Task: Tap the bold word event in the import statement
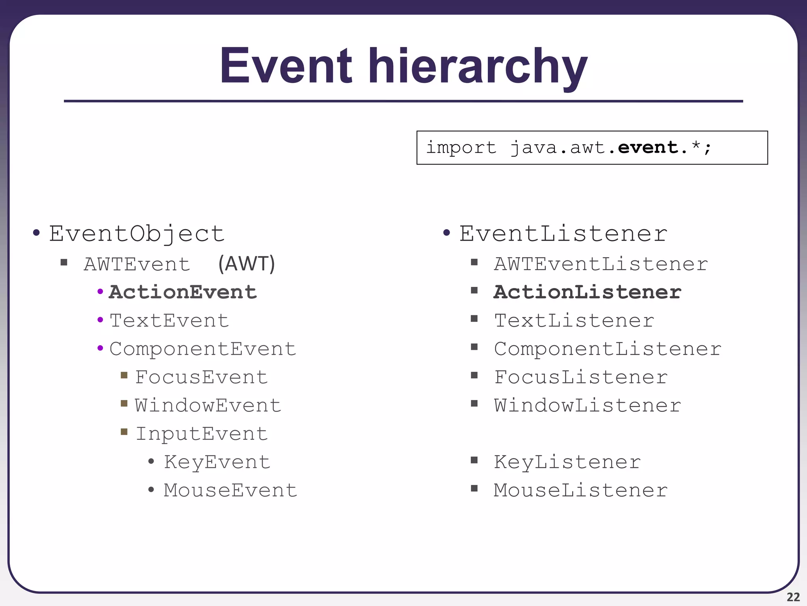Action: pyautogui.click(x=647, y=148)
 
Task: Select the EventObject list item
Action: pyautogui.click(x=136, y=234)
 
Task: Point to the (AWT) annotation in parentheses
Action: pyautogui.click(x=247, y=264)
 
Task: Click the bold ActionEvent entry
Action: pyautogui.click(x=183, y=292)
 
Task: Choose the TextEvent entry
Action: pyautogui.click(x=169, y=320)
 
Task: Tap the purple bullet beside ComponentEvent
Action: pyautogui.click(x=100, y=348)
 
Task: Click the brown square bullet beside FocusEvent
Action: pyautogui.click(x=124, y=375)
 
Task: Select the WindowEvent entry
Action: pyautogui.click(x=208, y=406)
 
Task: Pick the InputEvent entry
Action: pyautogui.click(x=202, y=434)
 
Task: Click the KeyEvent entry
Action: pyautogui.click(x=217, y=462)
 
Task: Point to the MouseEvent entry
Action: pyautogui.click(x=230, y=490)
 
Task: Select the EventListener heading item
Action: pyautogui.click(x=563, y=234)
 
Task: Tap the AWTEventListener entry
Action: pyautogui.click(x=601, y=264)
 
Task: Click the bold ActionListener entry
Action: pyautogui.click(x=587, y=292)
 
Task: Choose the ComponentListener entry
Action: pyautogui.click(x=607, y=349)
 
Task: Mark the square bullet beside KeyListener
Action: pyautogui.click(x=474, y=460)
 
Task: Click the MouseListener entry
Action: pyautogui.click(x=580, y=490)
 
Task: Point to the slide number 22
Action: pyautogui.click(x=793, y=597)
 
